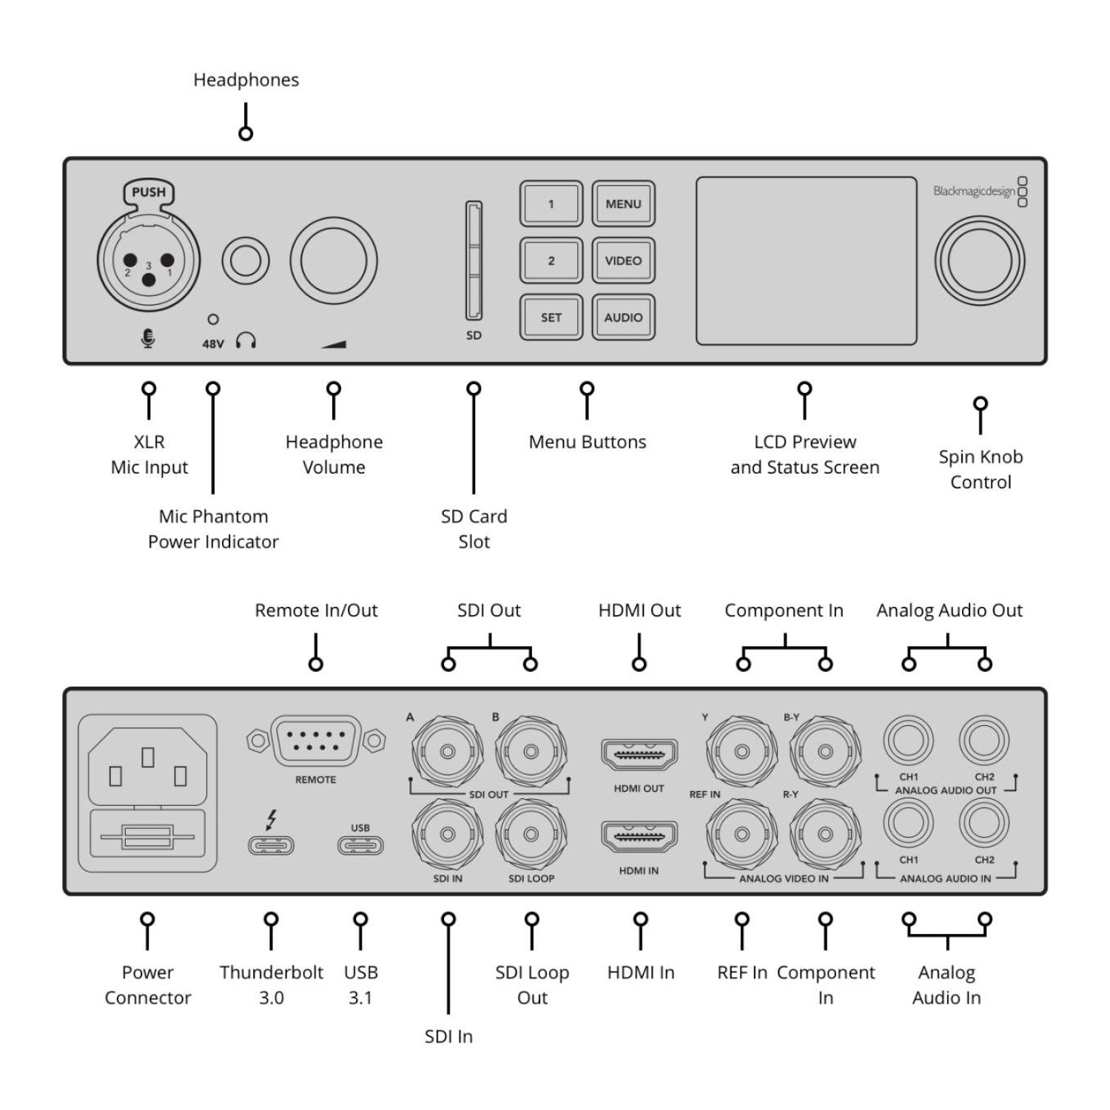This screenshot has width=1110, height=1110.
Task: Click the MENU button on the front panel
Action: [x=623, y=203]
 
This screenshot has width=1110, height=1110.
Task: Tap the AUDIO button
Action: [x=623, y=317]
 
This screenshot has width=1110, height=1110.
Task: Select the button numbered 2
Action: [x=551, y=260]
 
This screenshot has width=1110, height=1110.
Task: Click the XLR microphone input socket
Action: [x=148, y=263]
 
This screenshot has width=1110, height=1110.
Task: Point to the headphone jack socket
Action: [x=246, y=260]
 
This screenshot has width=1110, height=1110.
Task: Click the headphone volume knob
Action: [x=333, y=260]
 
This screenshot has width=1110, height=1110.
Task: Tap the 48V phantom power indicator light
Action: [x=213, y=320]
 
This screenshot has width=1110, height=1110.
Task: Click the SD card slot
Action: [x=474, y=260]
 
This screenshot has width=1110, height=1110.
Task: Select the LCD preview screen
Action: [x=806, y=260]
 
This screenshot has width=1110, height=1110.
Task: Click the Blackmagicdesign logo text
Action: [x=974, y=191]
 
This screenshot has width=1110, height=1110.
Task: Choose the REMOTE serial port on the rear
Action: [x=316, y=740]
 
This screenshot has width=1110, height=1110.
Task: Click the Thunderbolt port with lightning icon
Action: [x=271, y=844]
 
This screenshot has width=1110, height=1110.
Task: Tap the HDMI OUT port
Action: [x=639, y=755]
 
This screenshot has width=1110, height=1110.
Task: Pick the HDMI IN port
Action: [x=639, y=837]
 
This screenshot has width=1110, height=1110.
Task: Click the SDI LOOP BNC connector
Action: [x=531, y=835]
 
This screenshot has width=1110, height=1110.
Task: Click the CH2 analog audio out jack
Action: [x=984, y=740]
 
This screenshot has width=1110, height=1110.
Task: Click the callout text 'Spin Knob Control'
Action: [x=980, y=469]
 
